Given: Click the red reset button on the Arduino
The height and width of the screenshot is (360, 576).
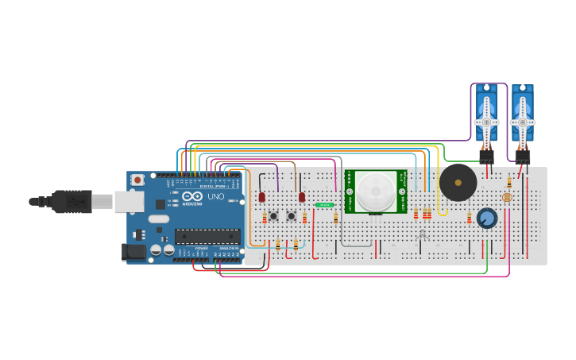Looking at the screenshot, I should tap(138, 180).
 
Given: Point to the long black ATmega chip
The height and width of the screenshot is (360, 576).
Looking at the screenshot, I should tap(207, 236).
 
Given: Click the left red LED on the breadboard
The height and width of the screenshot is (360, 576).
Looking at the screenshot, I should tap(261, 196).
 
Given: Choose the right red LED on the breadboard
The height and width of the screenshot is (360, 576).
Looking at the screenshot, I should tap(301, 196).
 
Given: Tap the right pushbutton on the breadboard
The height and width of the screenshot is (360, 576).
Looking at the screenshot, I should tap(292, 215).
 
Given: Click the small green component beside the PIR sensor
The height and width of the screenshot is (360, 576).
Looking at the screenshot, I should tap(324, 205).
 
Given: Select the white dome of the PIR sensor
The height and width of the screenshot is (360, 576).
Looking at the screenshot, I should tap(374, 191).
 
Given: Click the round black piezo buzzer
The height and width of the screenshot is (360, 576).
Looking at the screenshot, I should tap(458, 183).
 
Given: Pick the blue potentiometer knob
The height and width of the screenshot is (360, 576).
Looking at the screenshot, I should tap(487, 218).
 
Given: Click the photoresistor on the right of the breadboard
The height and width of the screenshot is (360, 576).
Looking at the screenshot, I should tap(507, 197).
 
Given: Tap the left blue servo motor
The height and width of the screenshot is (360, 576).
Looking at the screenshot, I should tap(486, 115).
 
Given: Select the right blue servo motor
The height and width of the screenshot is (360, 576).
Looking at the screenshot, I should tap(522, 115).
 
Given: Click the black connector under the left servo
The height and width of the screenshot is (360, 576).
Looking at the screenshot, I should tap(486, 156).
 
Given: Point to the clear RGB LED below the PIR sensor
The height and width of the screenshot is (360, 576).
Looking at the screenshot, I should tap(423, 234).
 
